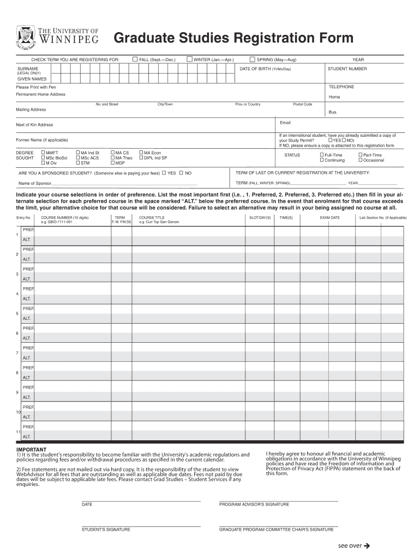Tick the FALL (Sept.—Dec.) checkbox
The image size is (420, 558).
tap(135, 59)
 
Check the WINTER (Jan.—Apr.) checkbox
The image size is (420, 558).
tap(189, 59)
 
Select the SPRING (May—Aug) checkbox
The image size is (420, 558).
tap(253, 59)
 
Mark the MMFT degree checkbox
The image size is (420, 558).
tap(43, 153)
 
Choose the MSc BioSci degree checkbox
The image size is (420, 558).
tap(43, 158)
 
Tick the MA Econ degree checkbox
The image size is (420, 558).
tap(141, 153)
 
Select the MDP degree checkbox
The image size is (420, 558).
tap(112, 163)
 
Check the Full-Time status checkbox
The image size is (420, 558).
tap(321, 155)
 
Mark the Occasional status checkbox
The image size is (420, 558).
tap(360, 160)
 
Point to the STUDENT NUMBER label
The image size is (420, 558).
tap(347, 69)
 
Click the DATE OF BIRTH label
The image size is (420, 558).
tap(265, 69)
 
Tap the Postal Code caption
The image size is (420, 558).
tap(302, 104)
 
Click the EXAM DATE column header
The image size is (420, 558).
tap(329, 217)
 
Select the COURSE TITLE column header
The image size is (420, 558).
tap(152, 217)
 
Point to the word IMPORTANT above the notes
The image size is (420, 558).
tap(31, 450)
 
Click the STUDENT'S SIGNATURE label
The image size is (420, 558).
tap(106, 529)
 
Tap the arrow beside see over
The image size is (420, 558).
tap(367, 545)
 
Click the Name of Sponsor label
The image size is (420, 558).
tap(34, 183)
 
